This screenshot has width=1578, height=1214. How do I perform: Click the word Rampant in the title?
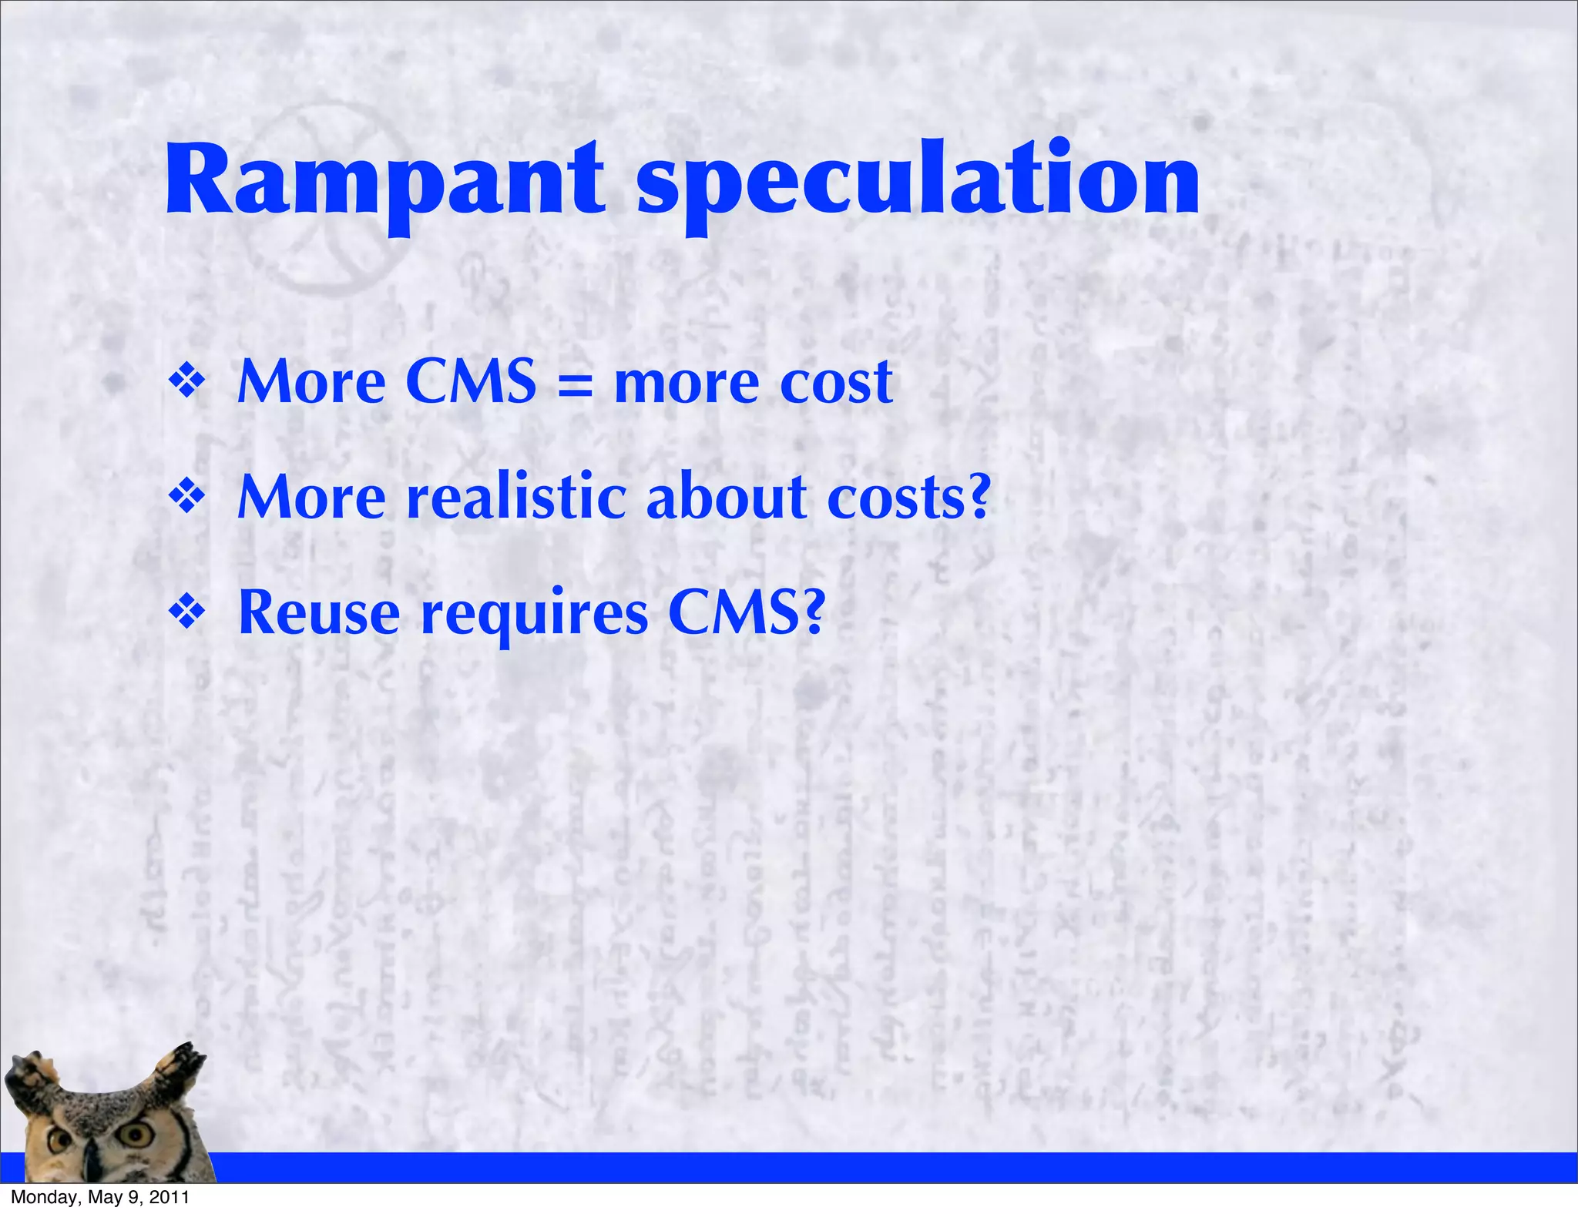[385, 182]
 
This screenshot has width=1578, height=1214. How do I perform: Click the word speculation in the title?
[918, 185]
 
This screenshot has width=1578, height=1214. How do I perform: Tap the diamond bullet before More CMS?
[187, 381]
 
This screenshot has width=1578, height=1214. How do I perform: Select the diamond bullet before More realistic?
[187, 497]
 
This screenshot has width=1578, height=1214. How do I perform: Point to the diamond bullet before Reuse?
[187, 613]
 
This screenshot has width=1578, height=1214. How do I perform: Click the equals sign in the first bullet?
[575, 384]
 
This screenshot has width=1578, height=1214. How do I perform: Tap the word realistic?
[515, 497]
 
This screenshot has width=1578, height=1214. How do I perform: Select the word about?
[727, 497]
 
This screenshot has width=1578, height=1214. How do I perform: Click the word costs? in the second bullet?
[908, 498]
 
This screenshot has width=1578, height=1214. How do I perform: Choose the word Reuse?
[319, 613]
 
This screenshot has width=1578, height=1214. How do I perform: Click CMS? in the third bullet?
[747, 612]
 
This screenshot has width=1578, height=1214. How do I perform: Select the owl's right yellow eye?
[139, 1133]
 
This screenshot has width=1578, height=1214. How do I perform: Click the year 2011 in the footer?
[169, 1198]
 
